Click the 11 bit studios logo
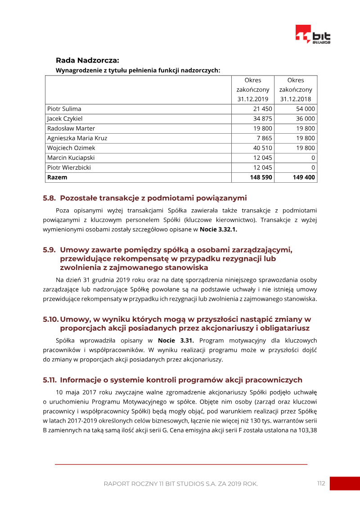point(313,34)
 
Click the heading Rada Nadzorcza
point(87,60)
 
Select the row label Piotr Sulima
point(64,109)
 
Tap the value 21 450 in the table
point(262,109)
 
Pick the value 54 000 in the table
point(305,109)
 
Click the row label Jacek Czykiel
point(65,119)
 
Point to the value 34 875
point(262,119)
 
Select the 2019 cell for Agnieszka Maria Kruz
point(264,138)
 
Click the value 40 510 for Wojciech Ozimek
point(262,148)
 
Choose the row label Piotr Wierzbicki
point(69,167)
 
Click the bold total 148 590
point(261,177)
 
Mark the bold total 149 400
point(304,177)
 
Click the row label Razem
point(57,177)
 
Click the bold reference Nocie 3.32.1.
point(218,230)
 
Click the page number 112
point(320,483)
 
